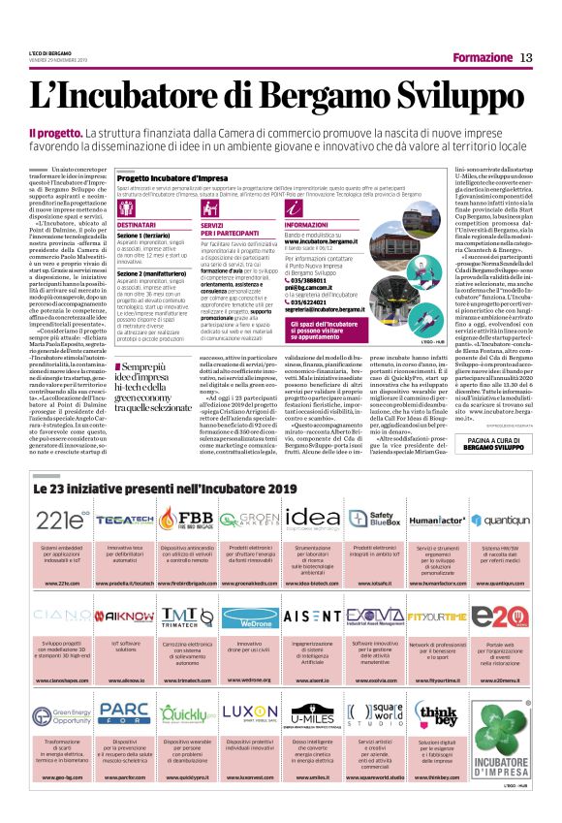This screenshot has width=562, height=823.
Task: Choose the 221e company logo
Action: pyautogui.click(x=63, y=517)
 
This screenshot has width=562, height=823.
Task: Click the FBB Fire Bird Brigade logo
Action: pyautogui.click(x=187, y=517)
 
